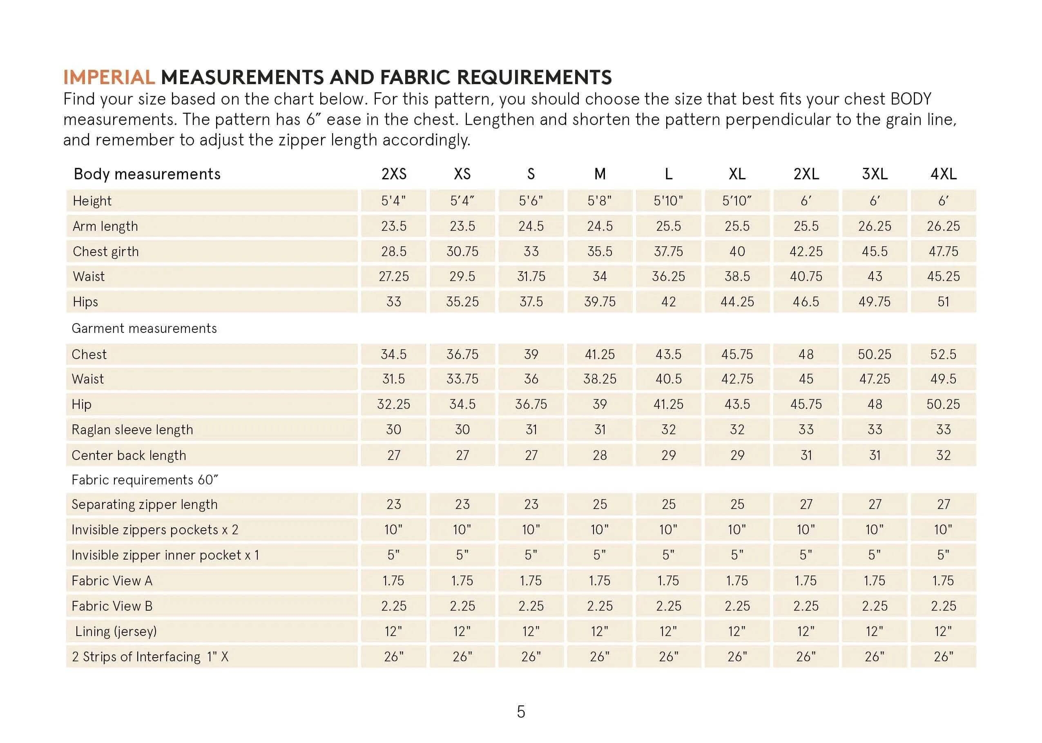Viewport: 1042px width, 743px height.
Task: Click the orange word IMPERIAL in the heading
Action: [x=109, y=77]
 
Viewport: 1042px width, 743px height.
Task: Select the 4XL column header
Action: [x=943, y=174]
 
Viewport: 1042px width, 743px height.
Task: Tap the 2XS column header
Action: [x=394, y=174]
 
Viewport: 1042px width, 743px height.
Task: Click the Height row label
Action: [x=92, y=201]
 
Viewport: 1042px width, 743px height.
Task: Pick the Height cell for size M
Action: [x=600, y=201]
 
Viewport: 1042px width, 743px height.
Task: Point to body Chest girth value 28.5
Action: [x=394, y=251]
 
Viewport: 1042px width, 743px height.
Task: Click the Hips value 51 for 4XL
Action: [x=943, y=301]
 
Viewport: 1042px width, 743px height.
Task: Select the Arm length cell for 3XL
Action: [x=875, y=226]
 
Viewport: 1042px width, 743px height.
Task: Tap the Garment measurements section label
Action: [x=144, y=328]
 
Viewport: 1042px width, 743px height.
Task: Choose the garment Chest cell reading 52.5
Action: [x=943, y=354]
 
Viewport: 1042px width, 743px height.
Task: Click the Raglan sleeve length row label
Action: [x=132, y=430]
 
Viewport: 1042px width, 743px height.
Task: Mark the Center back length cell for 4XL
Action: [x=943, y=455]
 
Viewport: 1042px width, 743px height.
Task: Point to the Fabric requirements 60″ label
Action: [x=145, y=480]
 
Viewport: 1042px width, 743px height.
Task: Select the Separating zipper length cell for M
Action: [x=600, y=504]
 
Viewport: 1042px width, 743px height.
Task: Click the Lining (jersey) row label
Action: [x=116, y=631]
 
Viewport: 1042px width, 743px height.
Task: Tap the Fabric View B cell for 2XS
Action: [x=394, y=606]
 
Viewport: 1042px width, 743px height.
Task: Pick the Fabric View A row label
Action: [x=112, y=580]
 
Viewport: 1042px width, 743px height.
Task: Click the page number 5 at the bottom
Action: [x=521, y=712]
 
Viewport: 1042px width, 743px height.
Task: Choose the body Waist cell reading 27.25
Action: [x=394, y=277]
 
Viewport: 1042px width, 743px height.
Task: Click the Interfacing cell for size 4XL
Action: [x=943, y=656]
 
